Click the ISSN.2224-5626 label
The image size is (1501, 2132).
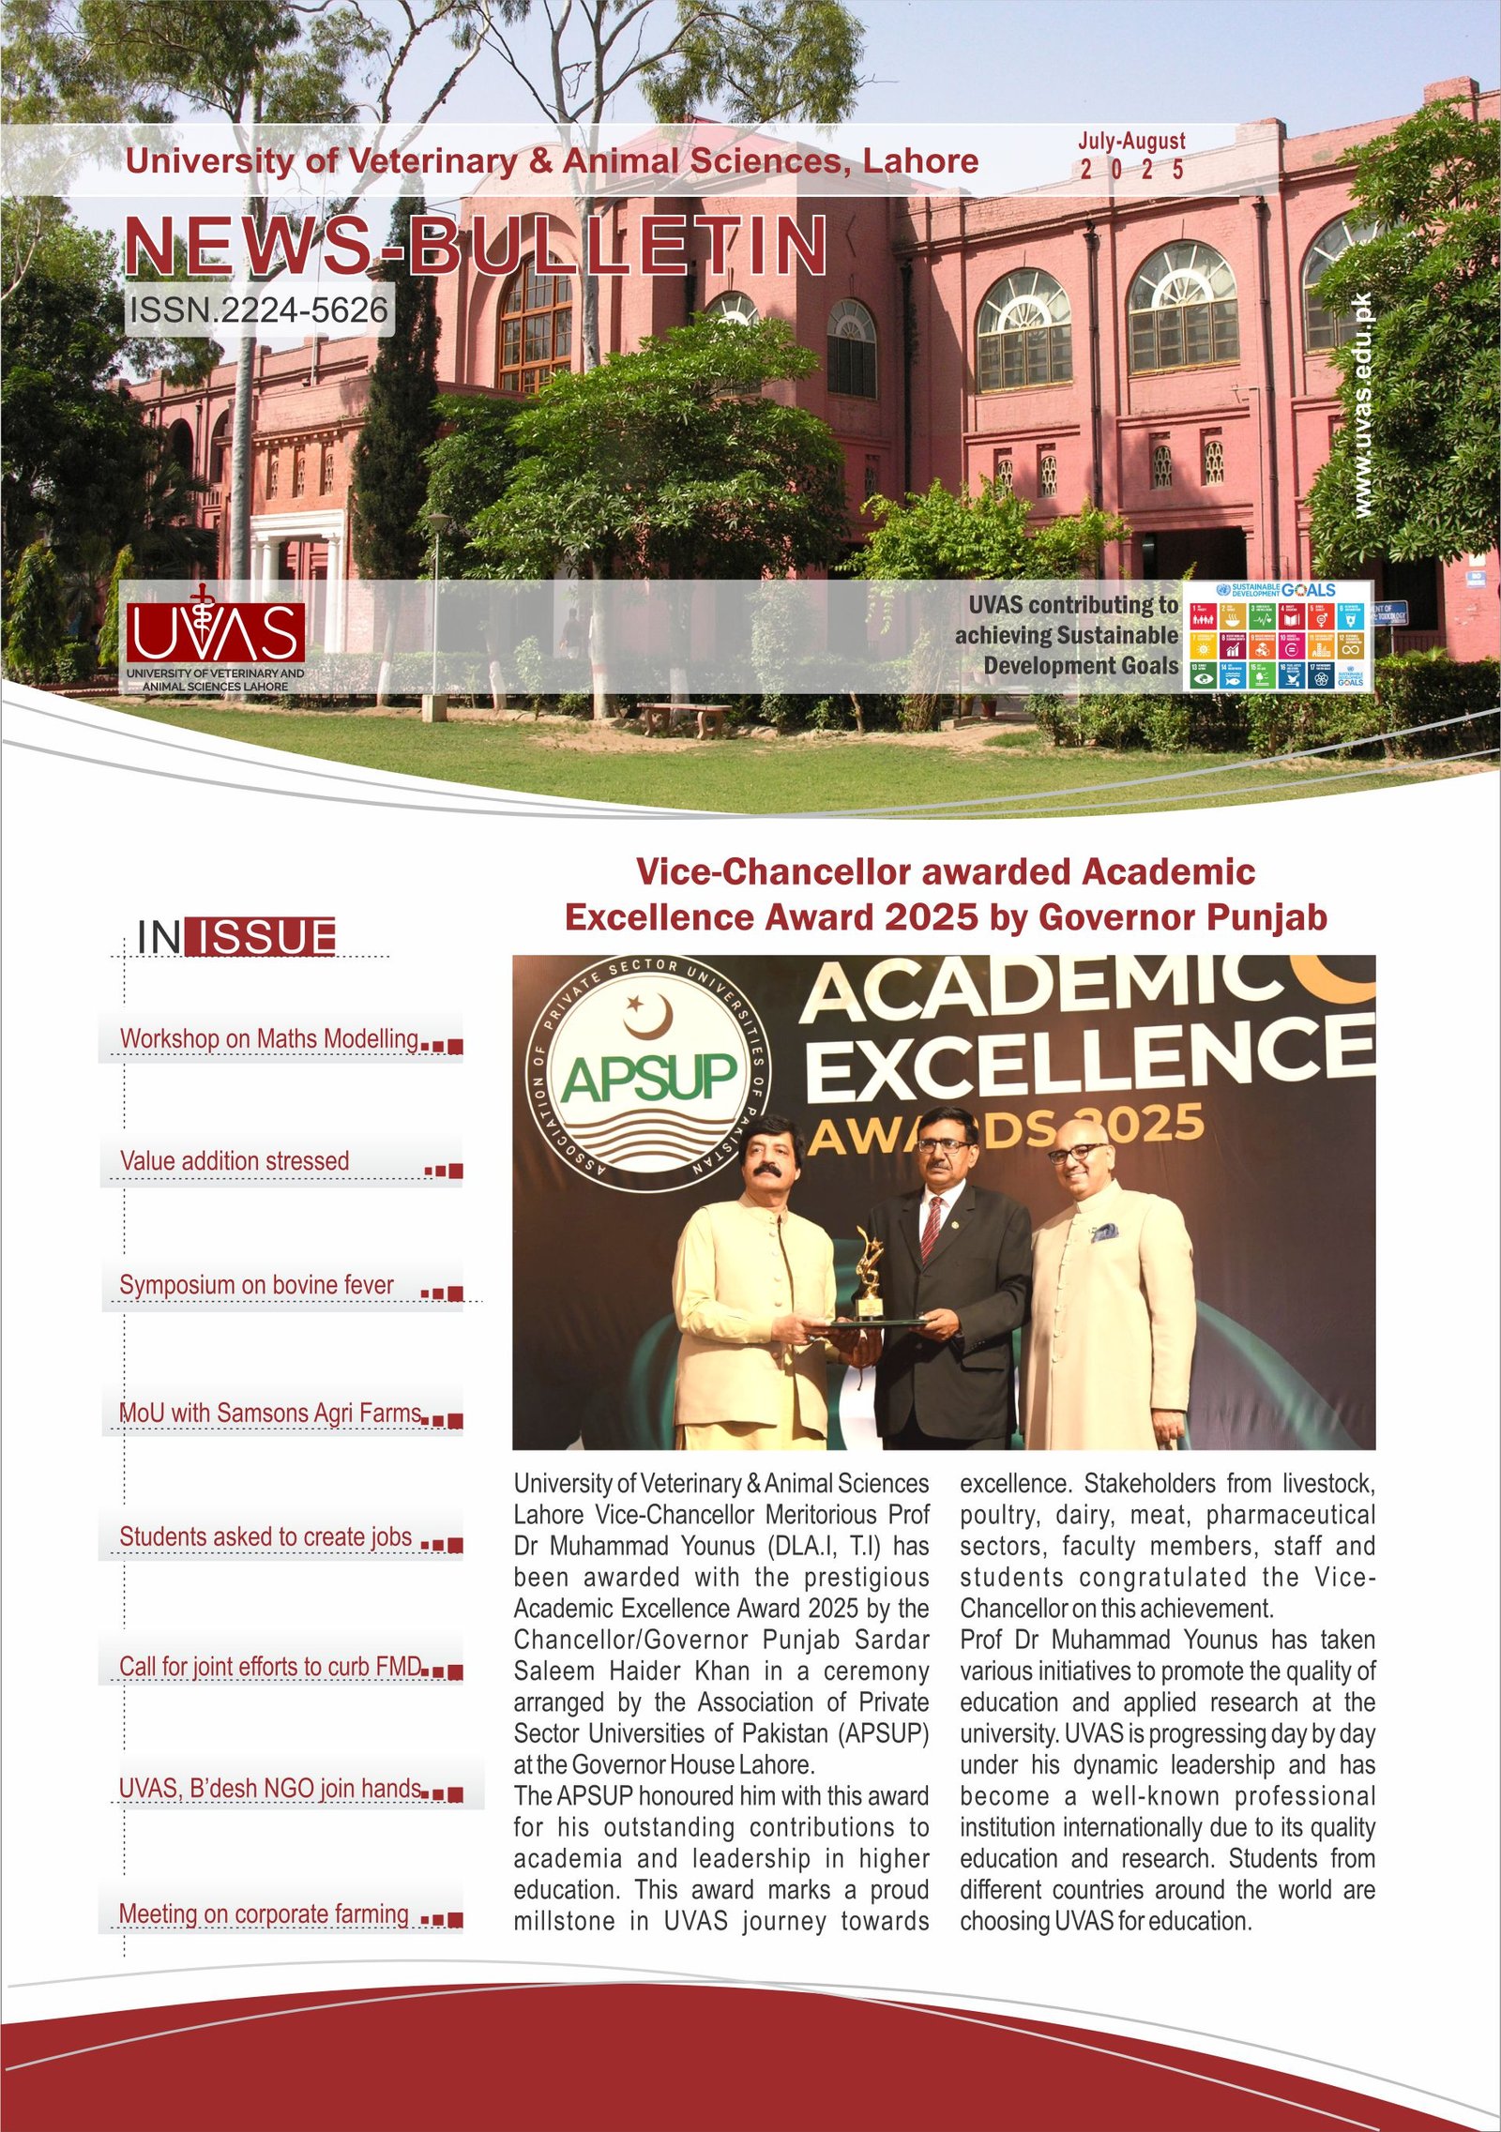259,310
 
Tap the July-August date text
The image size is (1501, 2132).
1131,142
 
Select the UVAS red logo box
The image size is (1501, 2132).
216,631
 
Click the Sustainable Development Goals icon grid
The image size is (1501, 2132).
1277,637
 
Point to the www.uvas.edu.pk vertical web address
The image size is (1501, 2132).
1364,405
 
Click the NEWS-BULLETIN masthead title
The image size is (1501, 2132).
477,246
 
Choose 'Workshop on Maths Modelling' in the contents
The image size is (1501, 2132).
269,1039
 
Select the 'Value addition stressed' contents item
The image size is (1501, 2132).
235,1161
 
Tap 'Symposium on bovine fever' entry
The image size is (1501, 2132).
256,1285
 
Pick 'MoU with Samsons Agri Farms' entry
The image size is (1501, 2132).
270,1413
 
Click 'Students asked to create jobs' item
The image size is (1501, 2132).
265,1536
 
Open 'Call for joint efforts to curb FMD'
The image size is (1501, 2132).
270,1666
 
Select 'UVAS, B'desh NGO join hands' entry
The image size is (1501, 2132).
270,1789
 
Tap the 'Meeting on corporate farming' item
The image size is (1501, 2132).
264,1913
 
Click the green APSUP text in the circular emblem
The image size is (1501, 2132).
650,1078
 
